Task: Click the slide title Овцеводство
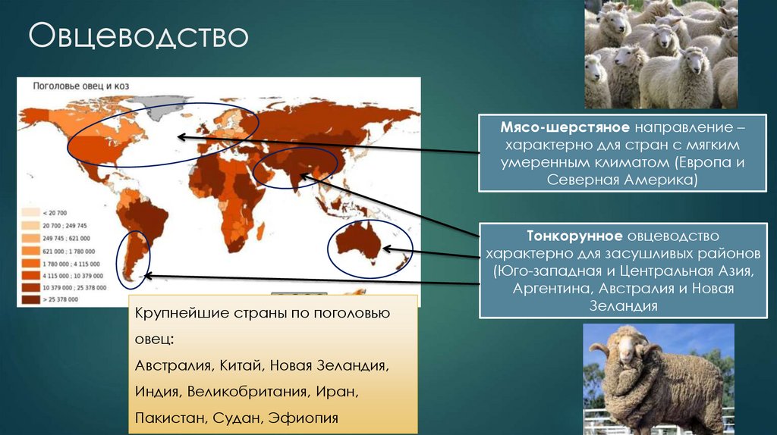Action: click(138, 36)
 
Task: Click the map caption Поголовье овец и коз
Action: click(80, 86)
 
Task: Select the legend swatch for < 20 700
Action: click(30, 213)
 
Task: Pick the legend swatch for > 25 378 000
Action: click(30, 299)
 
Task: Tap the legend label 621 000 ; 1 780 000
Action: click(69, 252)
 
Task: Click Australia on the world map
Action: click(359, 243)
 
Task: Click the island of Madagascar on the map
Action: click(260, 231)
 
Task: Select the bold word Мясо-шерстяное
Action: click(565, 127)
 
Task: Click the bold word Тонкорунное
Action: click(574, 236)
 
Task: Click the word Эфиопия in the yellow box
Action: click(304, 418)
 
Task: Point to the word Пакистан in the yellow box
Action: click(170, 418)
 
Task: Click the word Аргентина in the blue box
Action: click(551, 288)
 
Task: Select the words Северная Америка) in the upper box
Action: click(622, 179)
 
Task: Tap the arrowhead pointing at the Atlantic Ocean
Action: click(181, 137)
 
